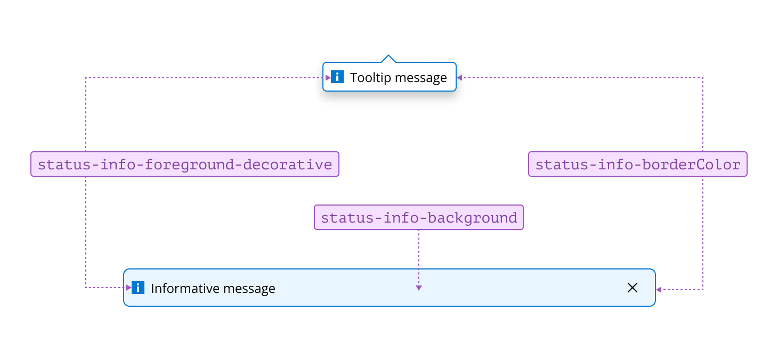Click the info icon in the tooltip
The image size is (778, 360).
click(337, 77)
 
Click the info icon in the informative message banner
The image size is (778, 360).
click(138, 288)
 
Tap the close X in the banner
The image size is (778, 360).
click(632, 288)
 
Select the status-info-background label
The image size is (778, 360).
click(419, 217)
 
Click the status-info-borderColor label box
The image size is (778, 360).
click(637, 164)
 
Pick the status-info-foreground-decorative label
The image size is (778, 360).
click(185, 164)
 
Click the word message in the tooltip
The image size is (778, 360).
click(421, 78)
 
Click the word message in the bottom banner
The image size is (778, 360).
click(249, 288)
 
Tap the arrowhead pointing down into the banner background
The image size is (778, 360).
click(419, 288)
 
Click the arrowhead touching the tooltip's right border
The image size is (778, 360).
click(459, 78)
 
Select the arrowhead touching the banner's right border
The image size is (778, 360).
click(659, 290)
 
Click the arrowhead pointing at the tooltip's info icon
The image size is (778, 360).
click(328, 78)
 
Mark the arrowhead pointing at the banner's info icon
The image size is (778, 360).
click(128, 288)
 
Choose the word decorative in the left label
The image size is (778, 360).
click(288, 165)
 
